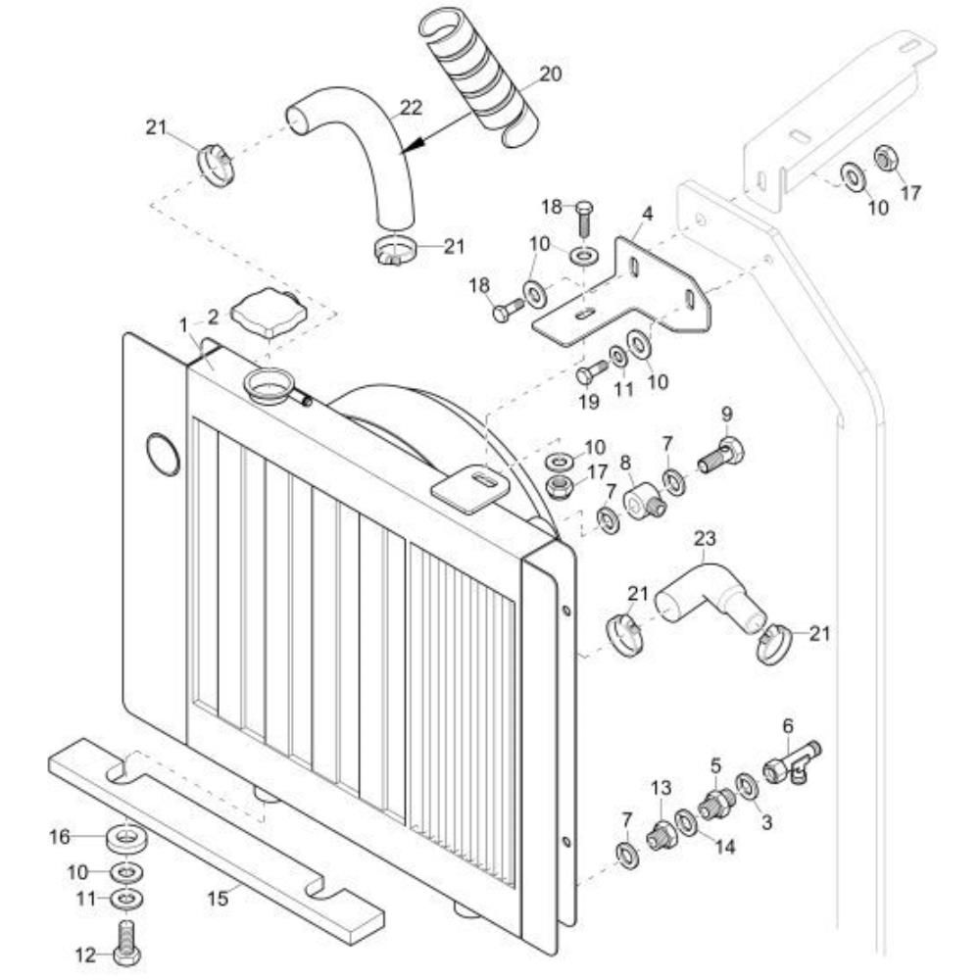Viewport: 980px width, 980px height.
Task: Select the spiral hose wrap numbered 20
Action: coord(480,78)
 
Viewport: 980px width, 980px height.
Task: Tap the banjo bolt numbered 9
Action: coord(722,454)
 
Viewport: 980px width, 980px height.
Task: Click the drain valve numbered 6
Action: coord(792,763)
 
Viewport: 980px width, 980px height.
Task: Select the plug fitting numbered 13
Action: coord(661,834)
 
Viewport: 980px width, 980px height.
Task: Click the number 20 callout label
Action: coord(551,73)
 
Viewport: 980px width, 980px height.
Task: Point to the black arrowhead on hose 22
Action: coord(417,143)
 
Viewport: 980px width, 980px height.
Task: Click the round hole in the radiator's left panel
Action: coord(164,454)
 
